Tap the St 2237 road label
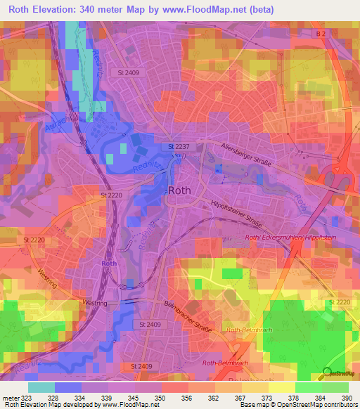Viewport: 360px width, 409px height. point(179,146)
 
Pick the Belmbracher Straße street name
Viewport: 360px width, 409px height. point(188,316)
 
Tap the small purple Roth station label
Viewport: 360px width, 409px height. point(108,263)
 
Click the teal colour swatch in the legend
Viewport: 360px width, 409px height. point(41,387)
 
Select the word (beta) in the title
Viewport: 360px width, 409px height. point(258,10)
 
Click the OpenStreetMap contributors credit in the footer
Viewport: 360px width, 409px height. point(309,405)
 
